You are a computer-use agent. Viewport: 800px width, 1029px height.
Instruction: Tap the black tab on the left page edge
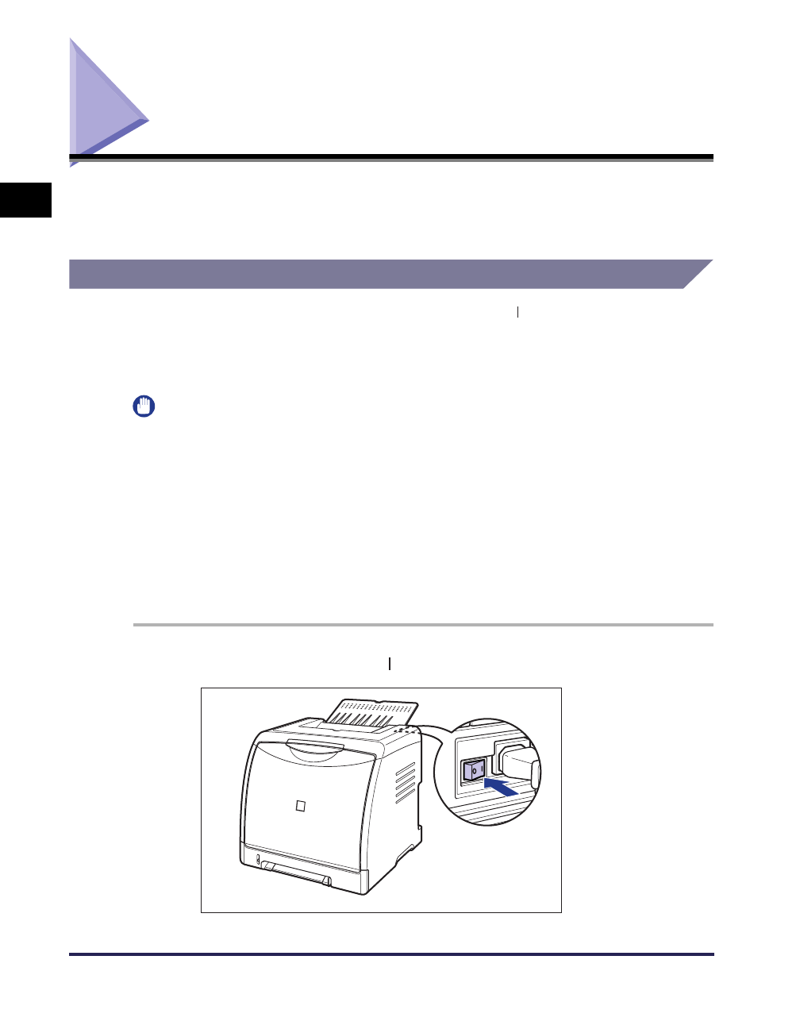[x=25, y=199]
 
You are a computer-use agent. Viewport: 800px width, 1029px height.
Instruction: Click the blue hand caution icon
[x=144, y=407]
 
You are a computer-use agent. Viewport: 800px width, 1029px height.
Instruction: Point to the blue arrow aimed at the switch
[x=501, y=787]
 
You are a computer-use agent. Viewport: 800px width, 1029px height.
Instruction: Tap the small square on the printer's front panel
[x=300, y=807]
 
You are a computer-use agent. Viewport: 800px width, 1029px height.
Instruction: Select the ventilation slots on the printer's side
[x=405, y=781]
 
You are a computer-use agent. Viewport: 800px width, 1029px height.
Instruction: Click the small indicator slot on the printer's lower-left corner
[x=257, y=859]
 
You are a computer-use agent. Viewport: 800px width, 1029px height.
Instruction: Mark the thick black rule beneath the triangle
[x=392, y=157]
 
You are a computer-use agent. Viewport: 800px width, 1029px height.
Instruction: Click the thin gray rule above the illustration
[x=423, y=625]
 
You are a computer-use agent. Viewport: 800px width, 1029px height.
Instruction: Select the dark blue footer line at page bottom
[x=392, y=954]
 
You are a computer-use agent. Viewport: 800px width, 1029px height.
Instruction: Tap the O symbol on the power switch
[x=471, y=770]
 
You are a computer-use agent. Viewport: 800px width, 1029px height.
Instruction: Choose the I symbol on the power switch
[x=480, y=769]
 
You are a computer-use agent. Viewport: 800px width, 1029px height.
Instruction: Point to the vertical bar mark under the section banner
[x=517, y=313]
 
